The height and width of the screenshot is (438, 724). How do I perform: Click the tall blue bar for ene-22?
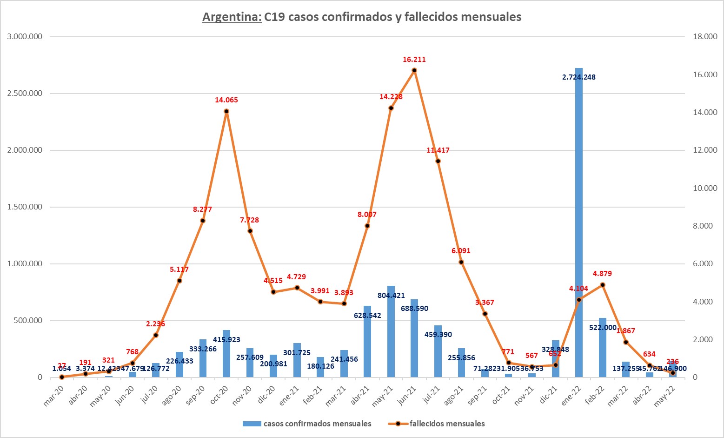578,223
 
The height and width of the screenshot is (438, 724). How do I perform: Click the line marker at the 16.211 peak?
414,70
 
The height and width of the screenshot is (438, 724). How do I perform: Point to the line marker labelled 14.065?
226,111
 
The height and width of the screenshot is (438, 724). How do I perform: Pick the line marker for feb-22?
603,285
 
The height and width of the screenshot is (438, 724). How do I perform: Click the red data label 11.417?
438,150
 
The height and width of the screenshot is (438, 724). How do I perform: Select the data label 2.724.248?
578,77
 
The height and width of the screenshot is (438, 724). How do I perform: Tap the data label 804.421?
391,296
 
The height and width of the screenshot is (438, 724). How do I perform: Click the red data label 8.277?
202,209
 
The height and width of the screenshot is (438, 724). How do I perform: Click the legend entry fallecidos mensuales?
447,424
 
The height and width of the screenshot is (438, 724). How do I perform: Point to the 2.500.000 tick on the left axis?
25,94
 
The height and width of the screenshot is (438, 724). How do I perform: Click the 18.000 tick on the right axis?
705,37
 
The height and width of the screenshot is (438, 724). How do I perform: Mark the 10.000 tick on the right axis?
705,188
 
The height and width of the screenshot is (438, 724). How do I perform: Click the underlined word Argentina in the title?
232,17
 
